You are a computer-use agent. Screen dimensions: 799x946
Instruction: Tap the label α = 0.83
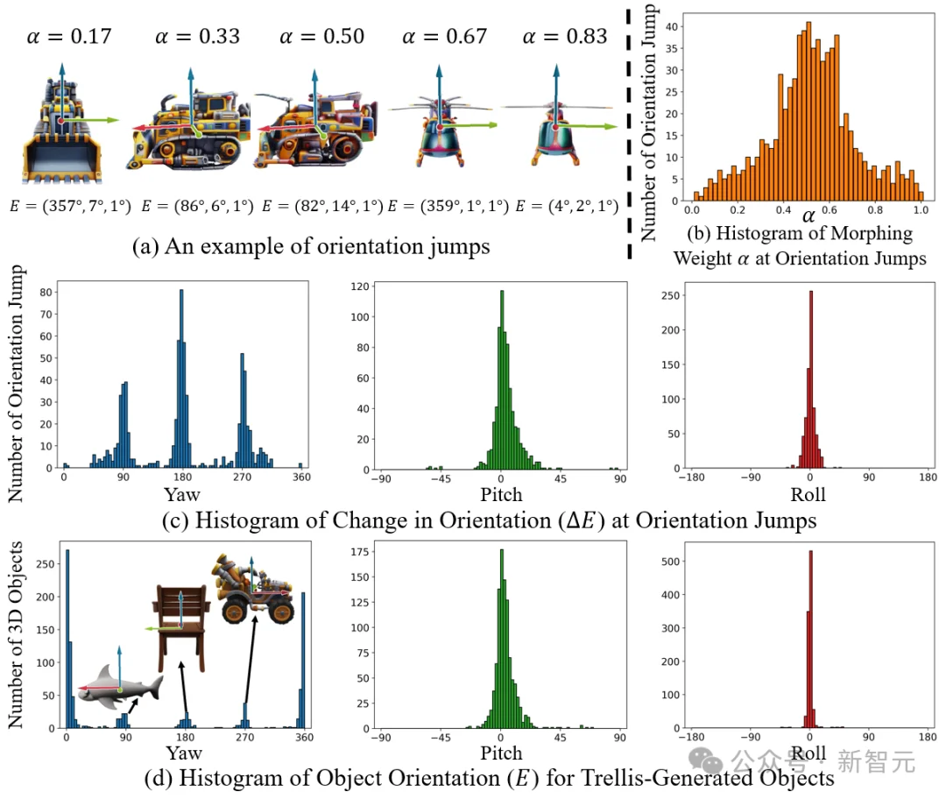tap(564, 38)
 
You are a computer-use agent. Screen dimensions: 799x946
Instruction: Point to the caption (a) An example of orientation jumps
tap(311, 248)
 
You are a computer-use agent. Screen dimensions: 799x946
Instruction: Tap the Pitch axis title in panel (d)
tap(501, 753)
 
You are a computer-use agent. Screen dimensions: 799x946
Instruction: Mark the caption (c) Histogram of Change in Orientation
tap(489, 520)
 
